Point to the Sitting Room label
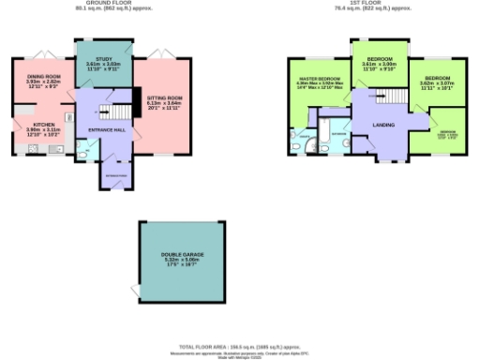[x=163, y=96]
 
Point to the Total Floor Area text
[x=239, y=346]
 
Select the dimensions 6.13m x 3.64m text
[x=163, y=103]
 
